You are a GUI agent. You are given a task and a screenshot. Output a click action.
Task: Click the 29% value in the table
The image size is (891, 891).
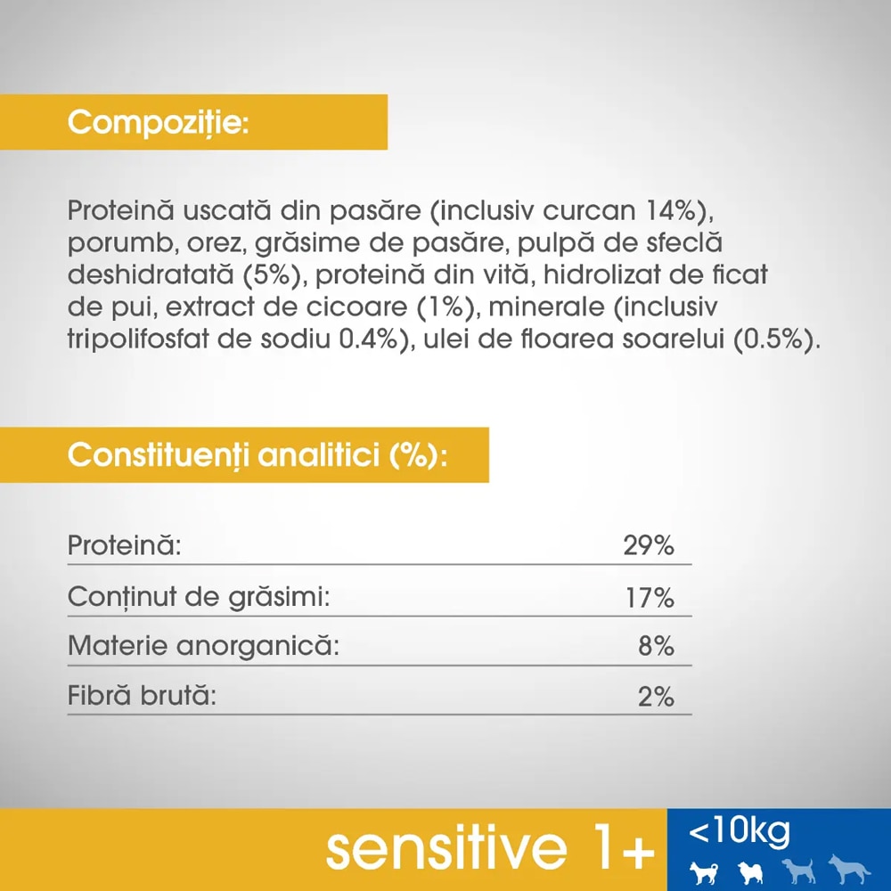coord(648,545)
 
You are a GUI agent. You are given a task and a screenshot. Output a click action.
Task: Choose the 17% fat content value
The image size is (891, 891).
coord(650,597)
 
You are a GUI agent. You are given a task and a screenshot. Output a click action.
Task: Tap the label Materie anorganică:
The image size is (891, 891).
coord(203,645)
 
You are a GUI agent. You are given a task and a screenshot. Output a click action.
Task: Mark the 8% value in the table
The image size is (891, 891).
coord(656,646)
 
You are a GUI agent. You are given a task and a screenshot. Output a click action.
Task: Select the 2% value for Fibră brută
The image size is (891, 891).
coord(656,697)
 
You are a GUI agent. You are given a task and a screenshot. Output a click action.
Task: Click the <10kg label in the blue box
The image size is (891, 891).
coord(739,832)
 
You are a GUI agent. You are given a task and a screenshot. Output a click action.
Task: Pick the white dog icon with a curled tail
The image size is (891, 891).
coord(748,871)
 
